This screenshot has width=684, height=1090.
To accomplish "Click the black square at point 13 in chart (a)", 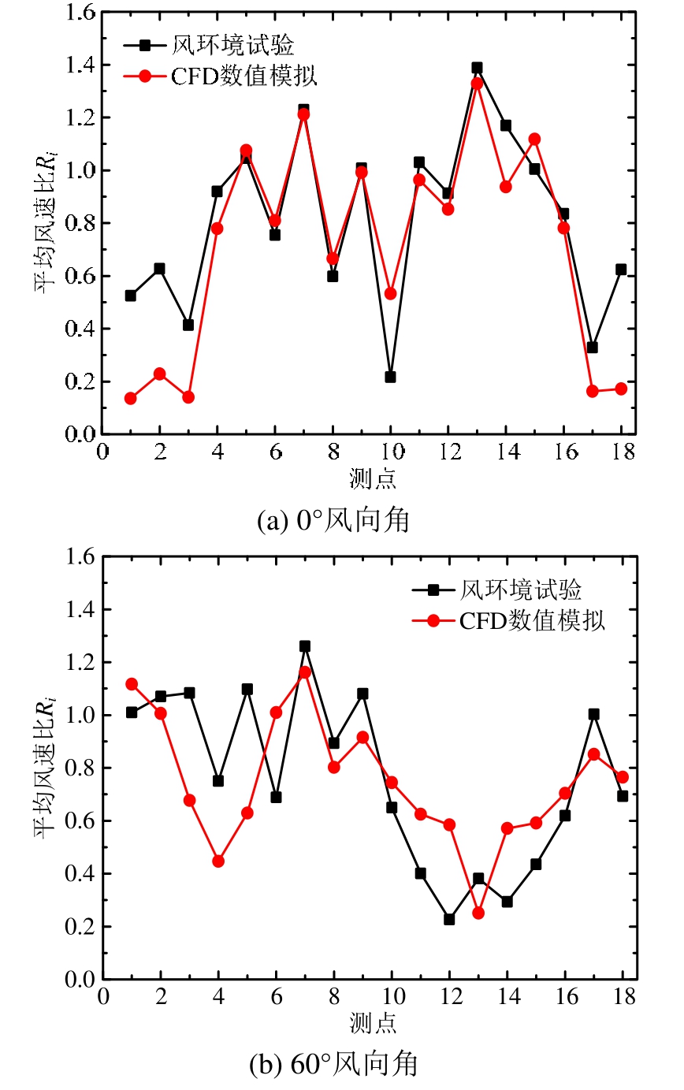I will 477,68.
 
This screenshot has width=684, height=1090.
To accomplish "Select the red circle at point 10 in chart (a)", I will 390,293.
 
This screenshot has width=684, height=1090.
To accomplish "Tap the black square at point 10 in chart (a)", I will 390,377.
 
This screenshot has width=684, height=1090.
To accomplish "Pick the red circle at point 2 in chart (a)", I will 159,374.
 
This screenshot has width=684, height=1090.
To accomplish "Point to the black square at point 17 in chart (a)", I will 592,347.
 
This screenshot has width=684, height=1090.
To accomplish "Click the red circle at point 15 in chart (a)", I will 534,139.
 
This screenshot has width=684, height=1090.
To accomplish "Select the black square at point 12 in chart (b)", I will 449,919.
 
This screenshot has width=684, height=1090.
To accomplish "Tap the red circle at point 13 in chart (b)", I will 478,913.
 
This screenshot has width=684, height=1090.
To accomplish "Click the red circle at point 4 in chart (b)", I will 218,861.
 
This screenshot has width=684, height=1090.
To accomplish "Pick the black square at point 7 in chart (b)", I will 305,646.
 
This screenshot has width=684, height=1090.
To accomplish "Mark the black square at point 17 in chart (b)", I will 593,714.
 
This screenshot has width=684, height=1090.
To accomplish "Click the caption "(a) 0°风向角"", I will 333,521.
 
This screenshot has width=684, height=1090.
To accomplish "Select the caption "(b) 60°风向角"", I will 333,1066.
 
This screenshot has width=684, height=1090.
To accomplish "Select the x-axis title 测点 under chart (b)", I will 373,1023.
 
